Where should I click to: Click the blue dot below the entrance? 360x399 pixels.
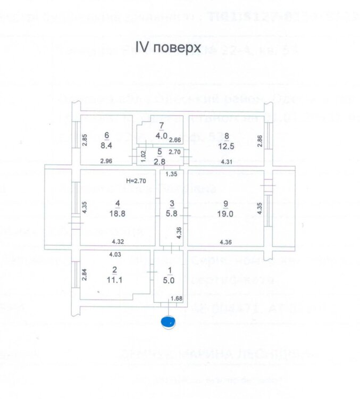pos(169,321)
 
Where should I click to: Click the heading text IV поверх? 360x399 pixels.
pos(169,48)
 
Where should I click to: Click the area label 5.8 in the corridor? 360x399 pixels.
pos(171,213)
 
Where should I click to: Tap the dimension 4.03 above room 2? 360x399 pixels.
pos(114,255)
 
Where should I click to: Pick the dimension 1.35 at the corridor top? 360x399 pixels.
pos(171,174)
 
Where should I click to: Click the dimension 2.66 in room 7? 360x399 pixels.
pos(175,140)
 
